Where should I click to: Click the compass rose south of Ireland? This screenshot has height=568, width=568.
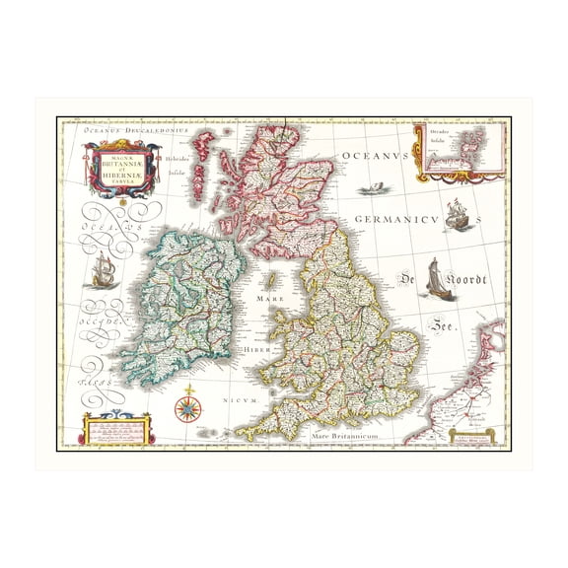coord(186,406)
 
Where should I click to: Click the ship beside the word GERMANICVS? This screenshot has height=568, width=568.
coord(456,214)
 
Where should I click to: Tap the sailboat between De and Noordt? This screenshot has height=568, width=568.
coord(435,278)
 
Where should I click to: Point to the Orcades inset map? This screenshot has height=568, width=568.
coord(461,153)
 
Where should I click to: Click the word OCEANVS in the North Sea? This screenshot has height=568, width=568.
coord(375,156)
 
